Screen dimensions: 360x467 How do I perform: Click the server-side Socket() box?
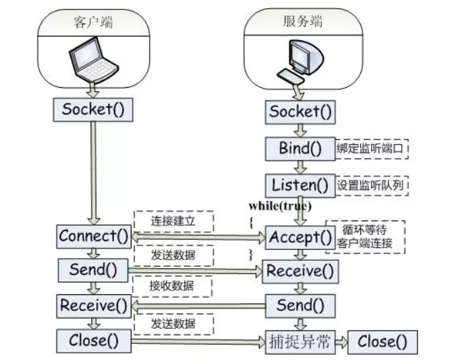[301, 112]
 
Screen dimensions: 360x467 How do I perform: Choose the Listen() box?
[301, 184]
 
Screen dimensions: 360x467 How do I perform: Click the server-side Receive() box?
[301, 272]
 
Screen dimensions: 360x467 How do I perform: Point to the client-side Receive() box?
[93, 306]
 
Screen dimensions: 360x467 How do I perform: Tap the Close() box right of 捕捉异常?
[382, 342]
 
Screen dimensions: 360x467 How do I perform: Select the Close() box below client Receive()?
[93, 341]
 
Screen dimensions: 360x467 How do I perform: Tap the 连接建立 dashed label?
[174, 221]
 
